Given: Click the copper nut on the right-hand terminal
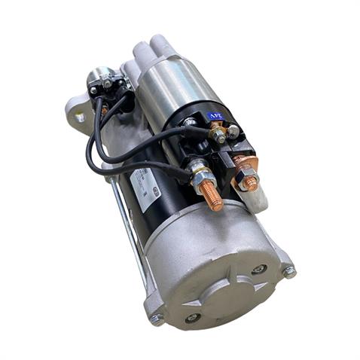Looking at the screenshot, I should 248,181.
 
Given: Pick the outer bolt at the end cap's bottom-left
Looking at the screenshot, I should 157,319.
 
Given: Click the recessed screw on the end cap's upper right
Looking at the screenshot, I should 259,268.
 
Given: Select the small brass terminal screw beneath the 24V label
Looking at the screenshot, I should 218,136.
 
